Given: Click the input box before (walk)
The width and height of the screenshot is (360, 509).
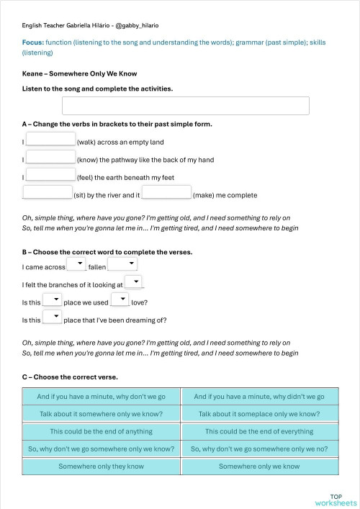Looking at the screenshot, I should [50, 140].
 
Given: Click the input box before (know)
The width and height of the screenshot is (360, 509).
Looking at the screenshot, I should [50, 157].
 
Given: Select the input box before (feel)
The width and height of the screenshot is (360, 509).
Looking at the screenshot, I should [50, 174].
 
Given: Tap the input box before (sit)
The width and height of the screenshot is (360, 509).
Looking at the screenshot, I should [48, 192].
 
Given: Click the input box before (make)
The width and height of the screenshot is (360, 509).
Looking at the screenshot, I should [166, 192].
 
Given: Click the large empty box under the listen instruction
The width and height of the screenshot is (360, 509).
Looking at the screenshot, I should [185, 106].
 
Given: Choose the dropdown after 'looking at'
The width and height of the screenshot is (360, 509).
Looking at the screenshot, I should [133, 282].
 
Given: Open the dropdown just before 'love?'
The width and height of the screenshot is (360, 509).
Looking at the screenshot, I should [120, 300].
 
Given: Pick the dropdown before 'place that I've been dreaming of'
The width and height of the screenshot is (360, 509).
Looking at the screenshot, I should [52, 317].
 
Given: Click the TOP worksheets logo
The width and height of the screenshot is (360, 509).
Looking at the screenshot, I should [336, 499].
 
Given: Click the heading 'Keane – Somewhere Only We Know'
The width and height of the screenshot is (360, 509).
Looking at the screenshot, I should [79, 73].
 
